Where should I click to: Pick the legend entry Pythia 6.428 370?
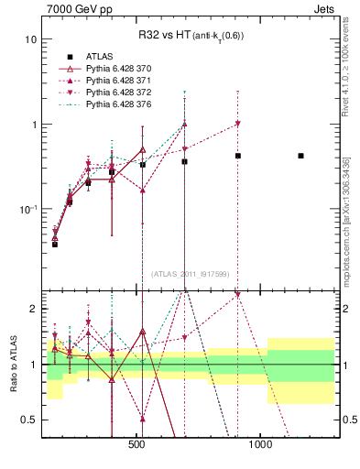click(125, 69)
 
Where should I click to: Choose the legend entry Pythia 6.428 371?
click(125, 82)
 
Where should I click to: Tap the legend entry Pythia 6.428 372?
click(125, 94)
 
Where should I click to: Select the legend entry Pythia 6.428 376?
click(125, 107)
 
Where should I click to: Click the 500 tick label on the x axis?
click(136, 445)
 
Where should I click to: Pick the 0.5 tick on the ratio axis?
click(30, 420)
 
